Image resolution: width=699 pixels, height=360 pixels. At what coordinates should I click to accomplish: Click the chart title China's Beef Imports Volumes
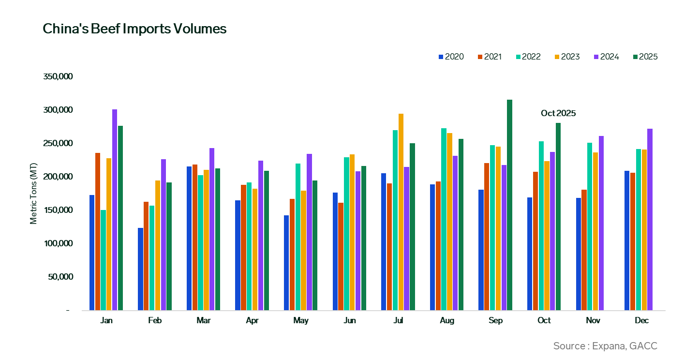point(134,29)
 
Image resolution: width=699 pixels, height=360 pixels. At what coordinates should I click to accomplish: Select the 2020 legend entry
point(451,57)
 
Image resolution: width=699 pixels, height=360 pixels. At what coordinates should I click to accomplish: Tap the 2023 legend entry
point(567,57)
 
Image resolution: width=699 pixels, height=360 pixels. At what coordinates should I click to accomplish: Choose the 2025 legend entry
point(645,57)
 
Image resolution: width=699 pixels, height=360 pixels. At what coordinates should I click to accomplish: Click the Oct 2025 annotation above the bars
point(558,113)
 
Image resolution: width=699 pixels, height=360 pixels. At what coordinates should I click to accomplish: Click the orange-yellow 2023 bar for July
point(401,211)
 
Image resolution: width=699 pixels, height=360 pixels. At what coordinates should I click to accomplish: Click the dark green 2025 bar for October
point(558,216)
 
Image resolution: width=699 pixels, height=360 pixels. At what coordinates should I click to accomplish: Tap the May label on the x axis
point(301,321)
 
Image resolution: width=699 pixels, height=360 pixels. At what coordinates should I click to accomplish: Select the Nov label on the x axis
point(593,321)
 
